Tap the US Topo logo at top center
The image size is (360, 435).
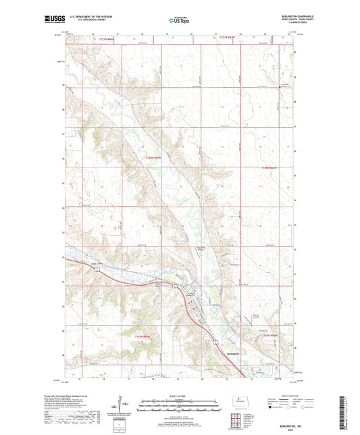[179, 21]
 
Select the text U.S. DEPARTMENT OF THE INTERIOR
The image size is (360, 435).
[92, 18]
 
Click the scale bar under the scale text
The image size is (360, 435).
[180, 407]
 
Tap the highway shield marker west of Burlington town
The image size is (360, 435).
[98, 270]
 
